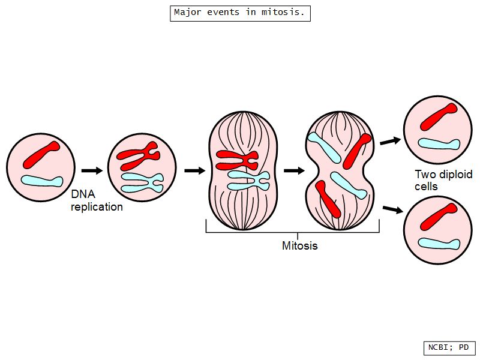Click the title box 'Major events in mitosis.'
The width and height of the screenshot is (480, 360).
pyautogui.click(x=240, y=13)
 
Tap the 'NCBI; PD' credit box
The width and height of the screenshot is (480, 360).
pyautogui.click(x=449, y=347)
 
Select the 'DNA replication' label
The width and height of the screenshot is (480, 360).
pyautogui.click(x=97, y=201)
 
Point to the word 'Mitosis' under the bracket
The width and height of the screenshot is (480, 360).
pyautogui.click(x=300, y=245)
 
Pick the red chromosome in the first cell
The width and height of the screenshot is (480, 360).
pyautogui.click(x=41, y=154)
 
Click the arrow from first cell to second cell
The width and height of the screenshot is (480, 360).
pyautogui.click(x=92, y=170)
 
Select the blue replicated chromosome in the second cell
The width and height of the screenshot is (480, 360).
pyautogui.click(x=141, y=182)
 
